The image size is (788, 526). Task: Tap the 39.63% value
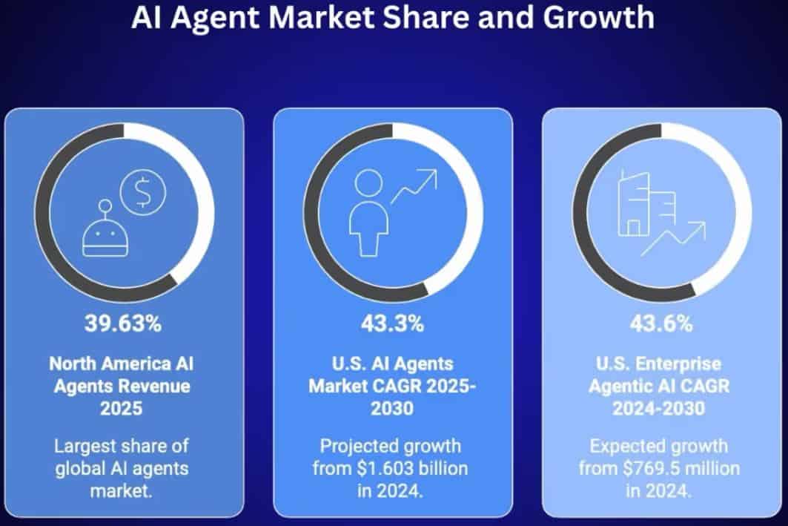pos(124,323)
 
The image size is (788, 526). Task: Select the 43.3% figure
pos(392,323)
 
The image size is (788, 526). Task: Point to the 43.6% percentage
pos(661,323)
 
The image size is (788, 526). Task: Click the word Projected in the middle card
pos(357,447)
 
